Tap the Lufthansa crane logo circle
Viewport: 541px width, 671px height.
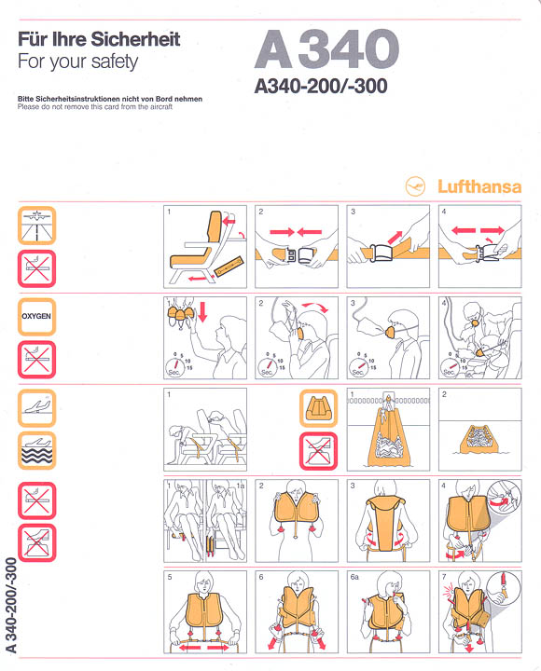[x=416, y=185]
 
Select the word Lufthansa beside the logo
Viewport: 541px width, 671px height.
[x=479, y=185]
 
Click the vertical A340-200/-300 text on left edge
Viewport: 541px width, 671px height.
[x=12, y=606]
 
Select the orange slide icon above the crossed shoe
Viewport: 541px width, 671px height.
[x=318, y=407]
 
